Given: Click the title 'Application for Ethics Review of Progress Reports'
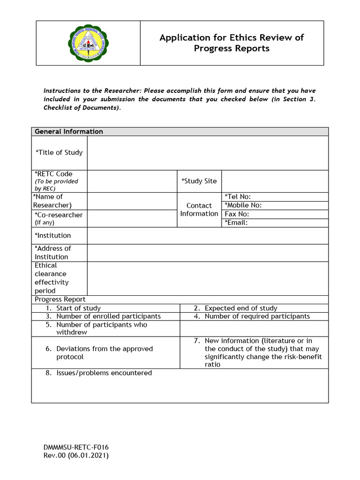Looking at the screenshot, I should [232, 43].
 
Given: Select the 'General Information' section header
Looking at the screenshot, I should [69, 132].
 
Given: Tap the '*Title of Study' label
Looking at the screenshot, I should [59, 152].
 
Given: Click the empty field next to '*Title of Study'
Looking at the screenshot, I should [208, 153].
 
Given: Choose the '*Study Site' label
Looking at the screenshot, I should [199, 181].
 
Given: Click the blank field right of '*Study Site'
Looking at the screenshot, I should [275, 181].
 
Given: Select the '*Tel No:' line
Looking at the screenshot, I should [241, 196].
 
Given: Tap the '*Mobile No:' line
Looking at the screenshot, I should [243, 205].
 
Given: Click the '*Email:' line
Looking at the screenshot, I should [236, 223].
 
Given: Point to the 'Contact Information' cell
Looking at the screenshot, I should [199, 210].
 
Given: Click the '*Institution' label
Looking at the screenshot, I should [53, 235].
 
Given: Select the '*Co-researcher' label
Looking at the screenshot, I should [59, 215].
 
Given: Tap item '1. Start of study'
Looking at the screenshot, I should [74, 308].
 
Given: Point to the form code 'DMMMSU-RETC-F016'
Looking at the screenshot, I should [76, 447].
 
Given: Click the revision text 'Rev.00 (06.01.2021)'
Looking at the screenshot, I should [76, 456].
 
